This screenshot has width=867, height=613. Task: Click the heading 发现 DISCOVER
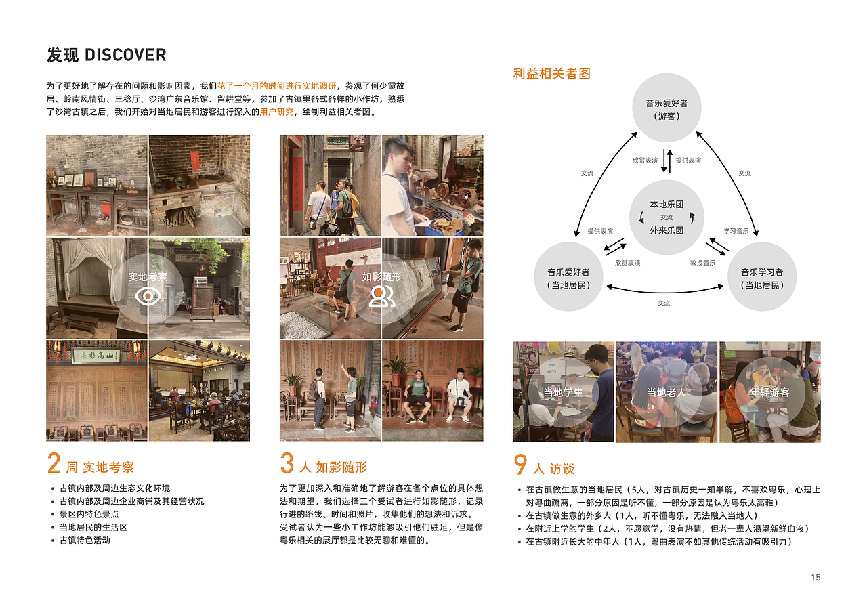[x=106, y=56]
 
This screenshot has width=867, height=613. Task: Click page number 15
[x=816, y=577]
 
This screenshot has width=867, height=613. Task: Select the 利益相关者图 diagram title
[x=551, y=74]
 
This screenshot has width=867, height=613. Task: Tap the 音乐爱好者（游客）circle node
[x=667, y=109]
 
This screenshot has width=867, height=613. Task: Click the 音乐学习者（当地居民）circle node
[x=762, y=278]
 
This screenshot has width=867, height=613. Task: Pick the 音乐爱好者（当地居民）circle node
[x=568, y=278]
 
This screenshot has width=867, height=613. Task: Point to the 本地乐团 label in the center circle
[x=667, y=205]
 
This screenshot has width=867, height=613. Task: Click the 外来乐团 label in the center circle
[x=667, y=230]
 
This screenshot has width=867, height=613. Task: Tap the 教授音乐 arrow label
[x=702, y=263]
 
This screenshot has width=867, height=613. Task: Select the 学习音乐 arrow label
[x=736, y=231]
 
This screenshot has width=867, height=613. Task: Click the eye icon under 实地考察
[x=148, y=296]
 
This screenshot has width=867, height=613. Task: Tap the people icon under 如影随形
[x=382, y=296]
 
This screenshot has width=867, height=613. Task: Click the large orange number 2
[x=54, y=464]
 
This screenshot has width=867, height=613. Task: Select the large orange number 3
[x=287, y=464]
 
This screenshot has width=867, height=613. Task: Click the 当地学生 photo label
[x=564, y=392]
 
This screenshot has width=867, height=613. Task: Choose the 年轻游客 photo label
[x=769, y=392]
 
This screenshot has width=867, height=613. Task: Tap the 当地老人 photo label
[x=667, y=392]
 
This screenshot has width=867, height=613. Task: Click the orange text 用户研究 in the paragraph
[x=277, y=112]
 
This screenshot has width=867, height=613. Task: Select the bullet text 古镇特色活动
[x=85, y=540]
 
